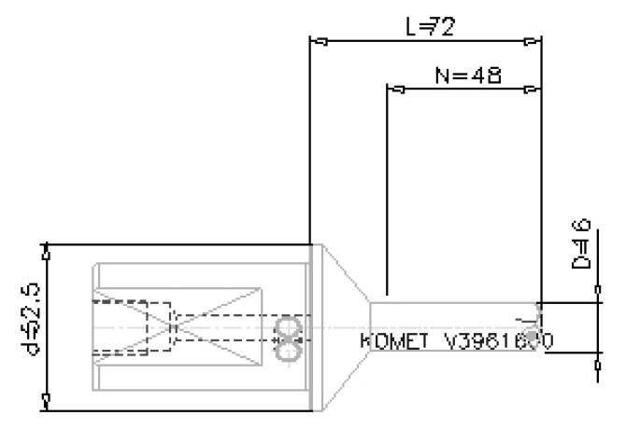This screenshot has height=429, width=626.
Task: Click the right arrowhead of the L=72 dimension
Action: pos(533,41)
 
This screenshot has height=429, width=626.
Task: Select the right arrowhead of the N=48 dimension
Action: pos(533,90)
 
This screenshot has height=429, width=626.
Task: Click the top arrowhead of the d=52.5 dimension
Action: pos(47,253)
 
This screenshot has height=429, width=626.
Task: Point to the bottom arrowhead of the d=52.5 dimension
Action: pos(47,403)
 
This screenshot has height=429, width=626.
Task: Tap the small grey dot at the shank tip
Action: pos(532,334)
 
